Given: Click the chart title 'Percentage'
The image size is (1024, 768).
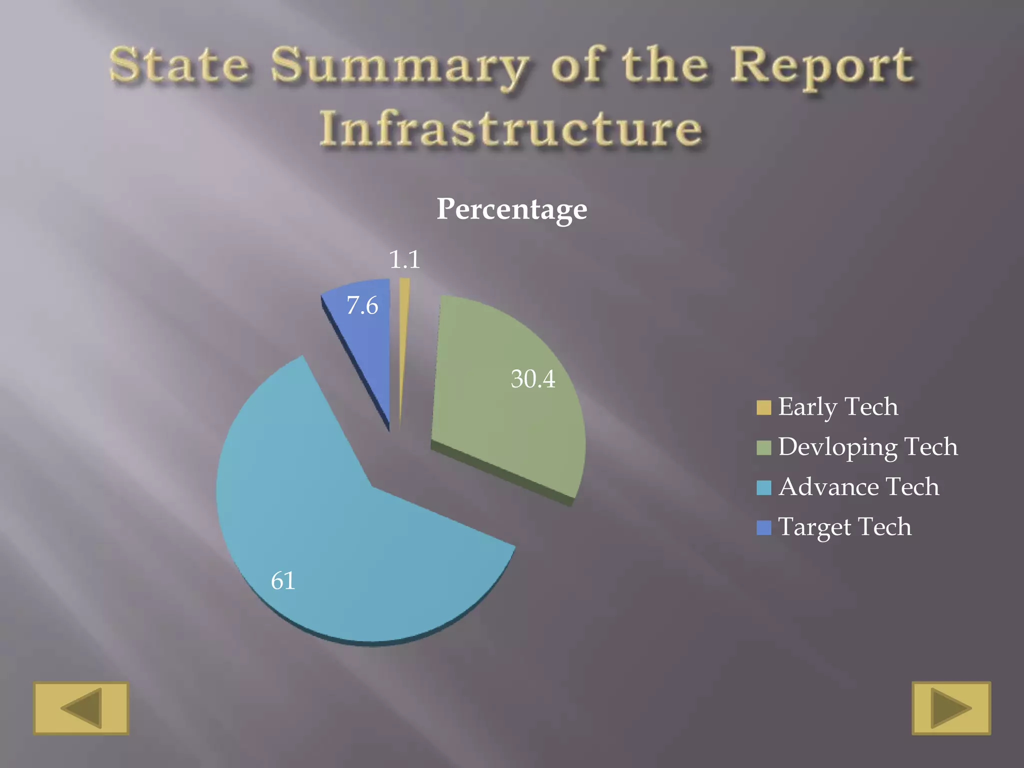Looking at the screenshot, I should pos(511,209).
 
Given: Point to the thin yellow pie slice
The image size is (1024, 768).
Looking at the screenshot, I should pos(403,340).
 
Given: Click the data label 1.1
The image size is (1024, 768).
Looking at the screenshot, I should pos(404,259).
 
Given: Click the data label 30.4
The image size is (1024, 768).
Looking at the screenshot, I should pos(533,379).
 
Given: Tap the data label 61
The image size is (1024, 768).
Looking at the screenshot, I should pos(283,580).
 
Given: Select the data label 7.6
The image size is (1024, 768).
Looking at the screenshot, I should pos(362,305).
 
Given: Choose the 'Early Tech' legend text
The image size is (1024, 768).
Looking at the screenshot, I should pos(838,406).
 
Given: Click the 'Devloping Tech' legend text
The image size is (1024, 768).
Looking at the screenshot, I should pos(868,446).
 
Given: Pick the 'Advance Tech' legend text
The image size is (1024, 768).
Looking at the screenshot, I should pos(858,486).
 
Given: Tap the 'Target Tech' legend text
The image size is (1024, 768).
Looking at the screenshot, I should pos(845,526).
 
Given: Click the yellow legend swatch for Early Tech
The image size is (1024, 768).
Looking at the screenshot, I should pos(763,407).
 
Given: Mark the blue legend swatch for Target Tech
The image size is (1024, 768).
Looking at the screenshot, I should pos(763,527).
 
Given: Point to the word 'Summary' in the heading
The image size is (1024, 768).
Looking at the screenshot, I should pos(399,66).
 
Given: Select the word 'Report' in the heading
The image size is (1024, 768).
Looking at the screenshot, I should pos(822,66).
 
